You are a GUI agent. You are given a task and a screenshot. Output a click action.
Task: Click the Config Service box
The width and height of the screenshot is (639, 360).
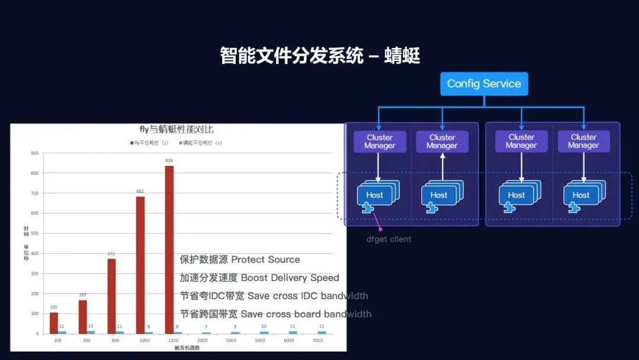tap(484, 83)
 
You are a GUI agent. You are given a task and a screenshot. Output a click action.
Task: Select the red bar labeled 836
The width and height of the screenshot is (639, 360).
tap(169, 249)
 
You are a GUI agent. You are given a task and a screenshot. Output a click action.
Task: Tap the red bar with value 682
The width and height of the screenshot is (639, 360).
tap(140, 264)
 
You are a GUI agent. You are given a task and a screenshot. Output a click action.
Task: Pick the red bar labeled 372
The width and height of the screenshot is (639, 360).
tap(111, 295)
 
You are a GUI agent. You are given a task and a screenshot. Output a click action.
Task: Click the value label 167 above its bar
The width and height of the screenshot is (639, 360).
tap(83, 295)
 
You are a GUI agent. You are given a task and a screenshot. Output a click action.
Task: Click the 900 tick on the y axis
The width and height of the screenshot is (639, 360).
tap(35, 153)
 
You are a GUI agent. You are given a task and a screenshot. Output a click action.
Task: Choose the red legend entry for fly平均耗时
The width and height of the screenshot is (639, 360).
tap(145, 143)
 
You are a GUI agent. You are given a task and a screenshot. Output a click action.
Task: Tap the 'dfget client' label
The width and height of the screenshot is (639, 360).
tap(389, 239)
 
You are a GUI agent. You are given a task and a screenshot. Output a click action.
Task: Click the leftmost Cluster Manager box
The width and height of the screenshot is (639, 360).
tap(379, 142)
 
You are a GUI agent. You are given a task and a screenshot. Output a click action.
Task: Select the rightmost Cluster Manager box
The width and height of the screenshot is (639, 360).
tap(583, 142)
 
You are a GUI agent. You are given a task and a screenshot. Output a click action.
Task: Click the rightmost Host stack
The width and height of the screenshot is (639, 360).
tap(582, 195)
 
